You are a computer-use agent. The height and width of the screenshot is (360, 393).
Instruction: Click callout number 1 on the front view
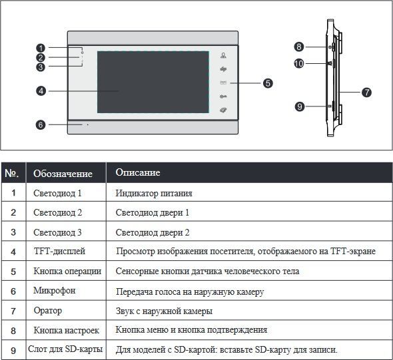pos(41,48)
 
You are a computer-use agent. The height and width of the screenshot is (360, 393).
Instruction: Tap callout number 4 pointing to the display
pos(41,91)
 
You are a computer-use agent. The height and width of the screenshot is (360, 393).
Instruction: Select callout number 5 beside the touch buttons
pos(268,83)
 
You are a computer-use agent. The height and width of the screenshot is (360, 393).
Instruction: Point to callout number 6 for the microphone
pos(41,124)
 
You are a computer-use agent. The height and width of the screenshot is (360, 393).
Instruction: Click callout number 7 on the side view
pos(366,92)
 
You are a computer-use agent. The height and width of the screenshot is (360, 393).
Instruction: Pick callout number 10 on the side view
pos(299,63)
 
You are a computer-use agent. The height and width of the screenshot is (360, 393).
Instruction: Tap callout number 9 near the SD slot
pos(300,106)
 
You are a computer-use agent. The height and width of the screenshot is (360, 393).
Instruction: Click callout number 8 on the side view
pos(299,47)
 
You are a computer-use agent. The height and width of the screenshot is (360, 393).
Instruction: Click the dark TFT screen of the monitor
pos(153,82)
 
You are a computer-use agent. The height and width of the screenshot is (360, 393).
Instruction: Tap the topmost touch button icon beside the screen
pos(223,55)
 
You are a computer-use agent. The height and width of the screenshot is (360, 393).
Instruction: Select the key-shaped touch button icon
pos(223,96)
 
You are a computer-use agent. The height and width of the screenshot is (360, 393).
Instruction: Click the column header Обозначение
pos(63,174)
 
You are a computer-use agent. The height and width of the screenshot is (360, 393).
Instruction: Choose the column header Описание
pos(138,172)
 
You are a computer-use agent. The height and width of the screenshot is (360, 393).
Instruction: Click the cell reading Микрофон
pos(55,290)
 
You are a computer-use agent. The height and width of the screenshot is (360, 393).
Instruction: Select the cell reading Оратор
pos(47,311)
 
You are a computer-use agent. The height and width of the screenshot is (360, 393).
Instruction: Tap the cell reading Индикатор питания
pos(154,193)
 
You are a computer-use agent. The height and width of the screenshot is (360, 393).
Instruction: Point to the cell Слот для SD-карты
pos(65,349)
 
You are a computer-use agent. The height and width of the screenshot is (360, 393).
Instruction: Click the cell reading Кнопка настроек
pos(67,330)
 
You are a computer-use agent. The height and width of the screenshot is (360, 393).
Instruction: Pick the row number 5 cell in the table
pos(13,271)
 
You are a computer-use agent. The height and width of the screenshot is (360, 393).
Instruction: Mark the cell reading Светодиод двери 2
pos(153,233)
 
